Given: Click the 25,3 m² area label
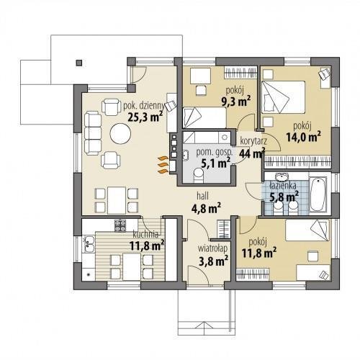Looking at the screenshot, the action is [x=145, y=117].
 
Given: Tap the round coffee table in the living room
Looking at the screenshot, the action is [x=120, y=133].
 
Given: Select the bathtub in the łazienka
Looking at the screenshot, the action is [x=318, y=194].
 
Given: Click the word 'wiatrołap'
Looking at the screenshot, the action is [x=212, y=248].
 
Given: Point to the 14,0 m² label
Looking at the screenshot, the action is [x=304, y=137].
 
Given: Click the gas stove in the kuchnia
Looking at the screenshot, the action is [x=120, y=225].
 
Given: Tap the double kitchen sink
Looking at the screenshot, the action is [x=89, y=244].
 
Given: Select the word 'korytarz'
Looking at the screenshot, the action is [x=253, y=141].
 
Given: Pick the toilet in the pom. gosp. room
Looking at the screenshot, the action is [x=198, y=175].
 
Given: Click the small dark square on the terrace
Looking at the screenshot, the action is [x=79, y=63].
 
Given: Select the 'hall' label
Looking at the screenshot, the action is [x=203, y=196].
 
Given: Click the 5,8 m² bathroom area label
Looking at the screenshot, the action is [x=284, y=197].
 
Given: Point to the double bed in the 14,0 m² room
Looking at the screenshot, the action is [x=284, y=97].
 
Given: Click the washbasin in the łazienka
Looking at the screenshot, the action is [x=283, y=177].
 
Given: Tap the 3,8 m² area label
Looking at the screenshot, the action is [x=213, y=261].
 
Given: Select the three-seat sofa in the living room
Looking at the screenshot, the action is [x=93, y=133].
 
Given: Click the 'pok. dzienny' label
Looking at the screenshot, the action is [x=144, y=106].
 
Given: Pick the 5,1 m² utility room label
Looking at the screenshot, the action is [x=215, y=163].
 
